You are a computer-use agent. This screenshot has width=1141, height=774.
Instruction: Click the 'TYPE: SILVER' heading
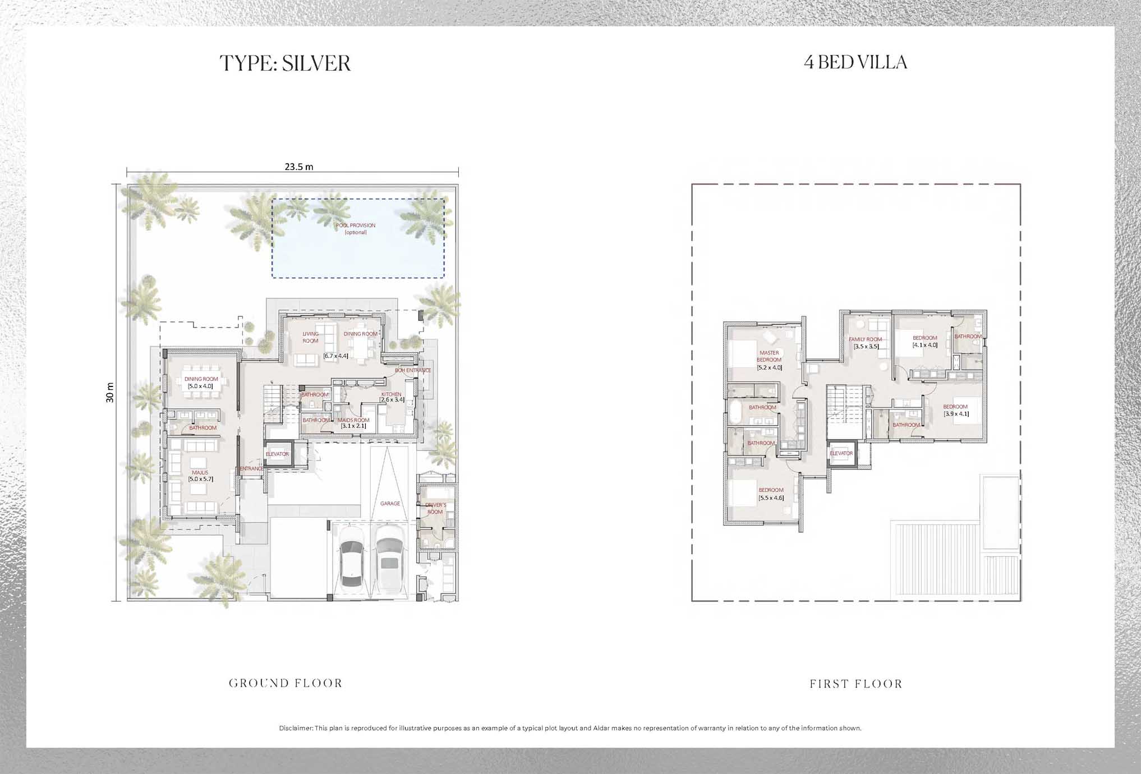[285, 63]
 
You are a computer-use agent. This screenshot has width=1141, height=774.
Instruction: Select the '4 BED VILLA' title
[855, 62]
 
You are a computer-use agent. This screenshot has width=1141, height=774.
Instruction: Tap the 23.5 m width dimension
[298, 167]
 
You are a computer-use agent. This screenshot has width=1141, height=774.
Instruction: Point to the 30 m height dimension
[110, 393]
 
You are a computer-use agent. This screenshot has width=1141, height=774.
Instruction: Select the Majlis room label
[200, 473]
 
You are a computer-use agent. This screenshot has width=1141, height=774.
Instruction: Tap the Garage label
[390, 504]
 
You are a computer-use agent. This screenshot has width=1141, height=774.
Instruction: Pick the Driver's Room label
[435, 508]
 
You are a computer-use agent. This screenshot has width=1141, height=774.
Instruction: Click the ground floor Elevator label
[277, 454]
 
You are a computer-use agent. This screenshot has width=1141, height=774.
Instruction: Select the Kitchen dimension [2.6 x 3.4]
[392, 400]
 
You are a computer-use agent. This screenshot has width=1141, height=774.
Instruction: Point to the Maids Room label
[353, 420]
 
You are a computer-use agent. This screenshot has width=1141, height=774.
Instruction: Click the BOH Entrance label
[413, 370]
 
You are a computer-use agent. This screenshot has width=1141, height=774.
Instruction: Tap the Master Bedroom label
[769, 356]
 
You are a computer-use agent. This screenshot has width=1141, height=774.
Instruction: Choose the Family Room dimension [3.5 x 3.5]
[866, 347]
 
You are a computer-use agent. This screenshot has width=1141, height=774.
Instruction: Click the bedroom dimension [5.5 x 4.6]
[771, 498]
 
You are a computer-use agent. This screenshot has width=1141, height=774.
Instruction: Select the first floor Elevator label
[841, 453]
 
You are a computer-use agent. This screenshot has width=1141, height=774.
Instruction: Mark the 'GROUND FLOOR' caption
[286, 683]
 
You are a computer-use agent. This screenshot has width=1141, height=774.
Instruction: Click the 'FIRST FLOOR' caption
[856, 684]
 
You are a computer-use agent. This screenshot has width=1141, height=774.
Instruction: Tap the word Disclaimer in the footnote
[296, 728]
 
